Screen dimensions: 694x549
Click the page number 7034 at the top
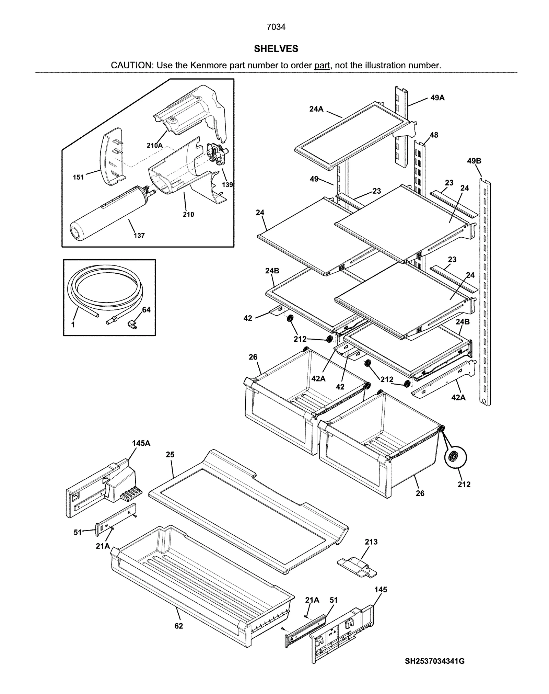pyautogui.click(x=276, y=27)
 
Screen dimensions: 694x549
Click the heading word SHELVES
pyautogui.click(x=276, y=49)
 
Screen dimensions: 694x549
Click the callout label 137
pyautogui.click(x=139, y=236)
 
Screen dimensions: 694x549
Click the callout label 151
pyautogui.click(x=78, y=177)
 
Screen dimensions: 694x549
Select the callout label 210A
pyautogui.click(x=155, y=145)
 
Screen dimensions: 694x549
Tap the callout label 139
pyautogui.click(x=227, y=185)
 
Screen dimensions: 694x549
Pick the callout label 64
pyautogui.click(x=146, y=310)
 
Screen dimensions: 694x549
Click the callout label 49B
pyautogui.click(x=474, y=161)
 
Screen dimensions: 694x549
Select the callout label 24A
pyautogui.click(x=316, y=109)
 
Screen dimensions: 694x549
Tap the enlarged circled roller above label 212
pyautogui.click(x=455, y=457)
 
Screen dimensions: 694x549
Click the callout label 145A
pyautogui.click(x=141, y=443)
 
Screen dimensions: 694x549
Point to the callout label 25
pyautogui.click(x=170, y=455)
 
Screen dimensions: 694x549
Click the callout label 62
pyautogui.click(x=178, y=626)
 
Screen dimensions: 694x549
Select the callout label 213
pyautogui.click(x=371, y=542)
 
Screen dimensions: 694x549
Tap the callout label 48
pyautogui.click(x=434, y=135)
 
